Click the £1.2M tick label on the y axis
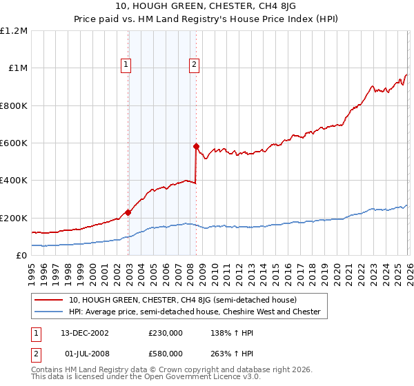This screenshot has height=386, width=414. [x=14, y=31]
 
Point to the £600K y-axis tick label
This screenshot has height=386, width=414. [x=14, y=143]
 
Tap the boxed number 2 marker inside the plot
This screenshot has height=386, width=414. [x=195, y=65]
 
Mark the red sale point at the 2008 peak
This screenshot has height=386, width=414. [x=196, y=146]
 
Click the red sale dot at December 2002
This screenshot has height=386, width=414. [x=128, y=212]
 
